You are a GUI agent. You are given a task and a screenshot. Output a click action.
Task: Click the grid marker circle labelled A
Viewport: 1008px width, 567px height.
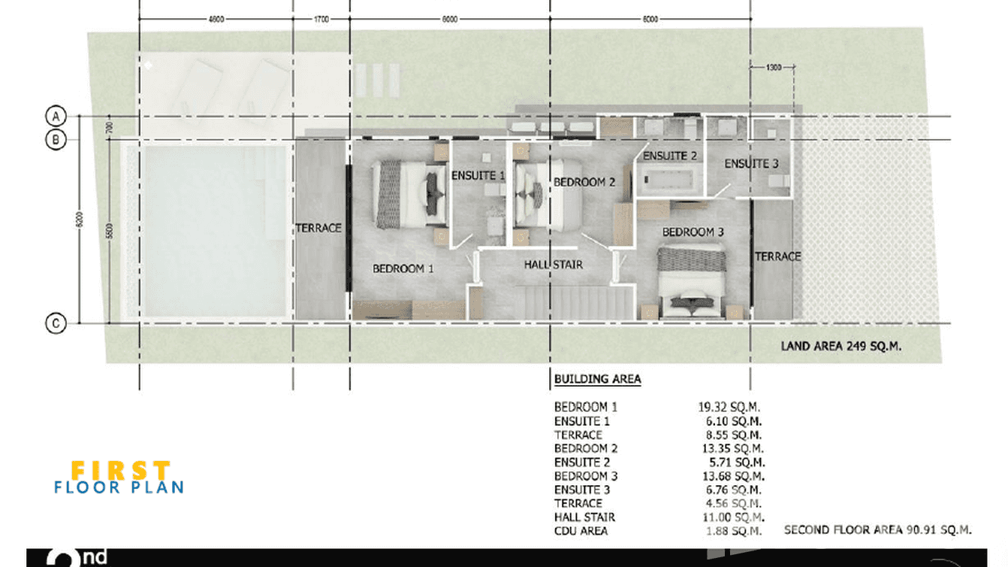56,116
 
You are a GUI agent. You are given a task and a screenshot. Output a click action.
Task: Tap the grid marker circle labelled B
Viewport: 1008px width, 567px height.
56,139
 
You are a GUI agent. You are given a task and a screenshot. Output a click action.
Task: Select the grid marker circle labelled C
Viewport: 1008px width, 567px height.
56,324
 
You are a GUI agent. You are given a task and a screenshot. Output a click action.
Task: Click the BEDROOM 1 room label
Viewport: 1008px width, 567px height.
403,268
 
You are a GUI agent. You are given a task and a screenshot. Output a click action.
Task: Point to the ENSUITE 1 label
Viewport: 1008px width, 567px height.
478,176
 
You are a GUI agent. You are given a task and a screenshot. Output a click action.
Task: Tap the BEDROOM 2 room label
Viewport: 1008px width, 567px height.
584,182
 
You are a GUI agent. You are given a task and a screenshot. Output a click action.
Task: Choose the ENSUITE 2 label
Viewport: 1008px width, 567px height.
670,156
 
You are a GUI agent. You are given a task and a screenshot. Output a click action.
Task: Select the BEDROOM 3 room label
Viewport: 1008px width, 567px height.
693,232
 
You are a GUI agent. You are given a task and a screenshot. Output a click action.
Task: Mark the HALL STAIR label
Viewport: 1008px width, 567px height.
554,265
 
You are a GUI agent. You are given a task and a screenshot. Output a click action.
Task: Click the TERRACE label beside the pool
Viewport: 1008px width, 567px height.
318,228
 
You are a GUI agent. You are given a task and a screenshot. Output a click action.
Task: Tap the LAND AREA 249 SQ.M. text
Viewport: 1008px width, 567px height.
841,347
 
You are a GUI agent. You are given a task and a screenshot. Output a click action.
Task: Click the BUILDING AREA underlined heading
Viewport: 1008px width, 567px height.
597,379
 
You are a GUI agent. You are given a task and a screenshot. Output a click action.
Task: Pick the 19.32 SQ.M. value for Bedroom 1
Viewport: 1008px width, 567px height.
729,407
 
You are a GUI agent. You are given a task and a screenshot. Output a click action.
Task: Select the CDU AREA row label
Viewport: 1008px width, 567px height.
581,531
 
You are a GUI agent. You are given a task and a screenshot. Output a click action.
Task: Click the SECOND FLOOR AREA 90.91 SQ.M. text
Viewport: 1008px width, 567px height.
877,530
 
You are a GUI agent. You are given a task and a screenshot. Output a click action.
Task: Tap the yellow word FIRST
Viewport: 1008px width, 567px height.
120,470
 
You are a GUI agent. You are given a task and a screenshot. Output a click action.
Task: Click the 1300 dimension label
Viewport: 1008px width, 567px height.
774,68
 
